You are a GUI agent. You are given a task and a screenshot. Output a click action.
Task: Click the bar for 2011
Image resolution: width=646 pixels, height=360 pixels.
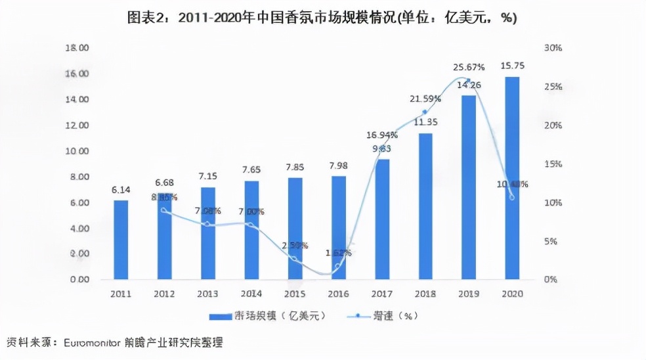[121, 240]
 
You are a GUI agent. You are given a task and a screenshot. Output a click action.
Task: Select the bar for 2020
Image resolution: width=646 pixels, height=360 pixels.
[512, 177]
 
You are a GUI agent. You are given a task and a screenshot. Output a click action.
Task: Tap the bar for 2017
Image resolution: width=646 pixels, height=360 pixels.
[381, 219]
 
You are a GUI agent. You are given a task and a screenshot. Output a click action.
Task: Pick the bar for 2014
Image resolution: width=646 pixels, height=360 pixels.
[251, 230]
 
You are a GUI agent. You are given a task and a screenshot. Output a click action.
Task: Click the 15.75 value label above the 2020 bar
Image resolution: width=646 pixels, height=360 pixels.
[512, 65]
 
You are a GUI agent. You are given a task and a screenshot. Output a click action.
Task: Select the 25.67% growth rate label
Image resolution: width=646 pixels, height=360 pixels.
[469, 67]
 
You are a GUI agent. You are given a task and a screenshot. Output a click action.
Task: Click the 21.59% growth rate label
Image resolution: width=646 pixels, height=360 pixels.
[425, 99]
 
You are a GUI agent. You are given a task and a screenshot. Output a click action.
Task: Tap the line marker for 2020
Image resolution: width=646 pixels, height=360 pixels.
[512, 197]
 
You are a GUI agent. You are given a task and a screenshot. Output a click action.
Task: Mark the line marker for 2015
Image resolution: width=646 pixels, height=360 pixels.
[295, 259]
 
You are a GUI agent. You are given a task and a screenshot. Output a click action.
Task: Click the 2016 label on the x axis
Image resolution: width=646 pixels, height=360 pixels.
[338, 294]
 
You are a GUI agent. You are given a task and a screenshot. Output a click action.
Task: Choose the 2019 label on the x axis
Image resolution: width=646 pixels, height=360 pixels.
[469, 294]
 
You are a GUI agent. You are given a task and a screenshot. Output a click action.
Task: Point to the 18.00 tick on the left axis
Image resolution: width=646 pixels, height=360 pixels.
[77, 48]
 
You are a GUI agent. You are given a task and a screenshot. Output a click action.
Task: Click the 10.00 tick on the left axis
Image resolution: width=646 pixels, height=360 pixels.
[77, 151]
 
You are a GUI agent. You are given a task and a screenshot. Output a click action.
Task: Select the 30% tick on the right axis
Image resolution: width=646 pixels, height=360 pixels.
[553, 48]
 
